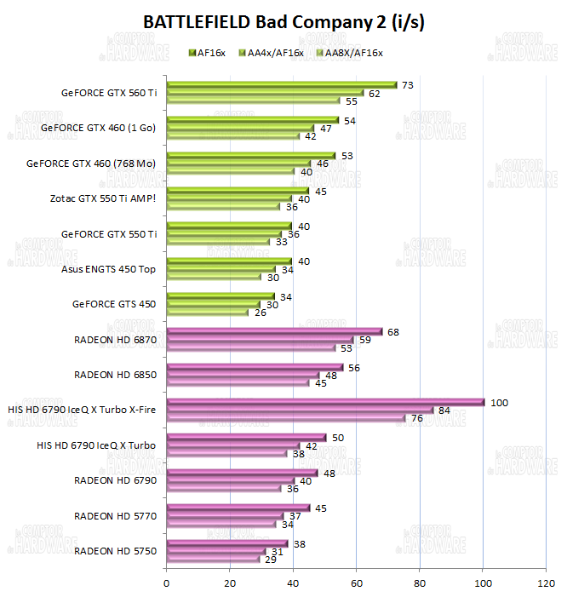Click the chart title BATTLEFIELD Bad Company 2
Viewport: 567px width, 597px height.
(x=283, y=23)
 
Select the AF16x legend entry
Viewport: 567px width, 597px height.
(x=210, y=53)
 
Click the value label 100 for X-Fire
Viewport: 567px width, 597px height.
(x=500, y=402)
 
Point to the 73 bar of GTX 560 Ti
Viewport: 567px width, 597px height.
(x=282, y=84)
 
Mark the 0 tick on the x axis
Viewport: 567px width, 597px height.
(x=167, y=583)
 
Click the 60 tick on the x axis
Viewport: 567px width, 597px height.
(x=356, y=583)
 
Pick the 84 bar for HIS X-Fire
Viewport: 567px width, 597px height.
(x=300, y=410)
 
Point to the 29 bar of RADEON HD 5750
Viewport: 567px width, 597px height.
(x=213, y=559)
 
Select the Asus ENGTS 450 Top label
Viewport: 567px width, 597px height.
(x=109, y=269)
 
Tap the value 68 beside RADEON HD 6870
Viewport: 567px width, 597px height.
(x=393, y=331)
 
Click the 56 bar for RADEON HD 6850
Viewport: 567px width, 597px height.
(x=255, y=367)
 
